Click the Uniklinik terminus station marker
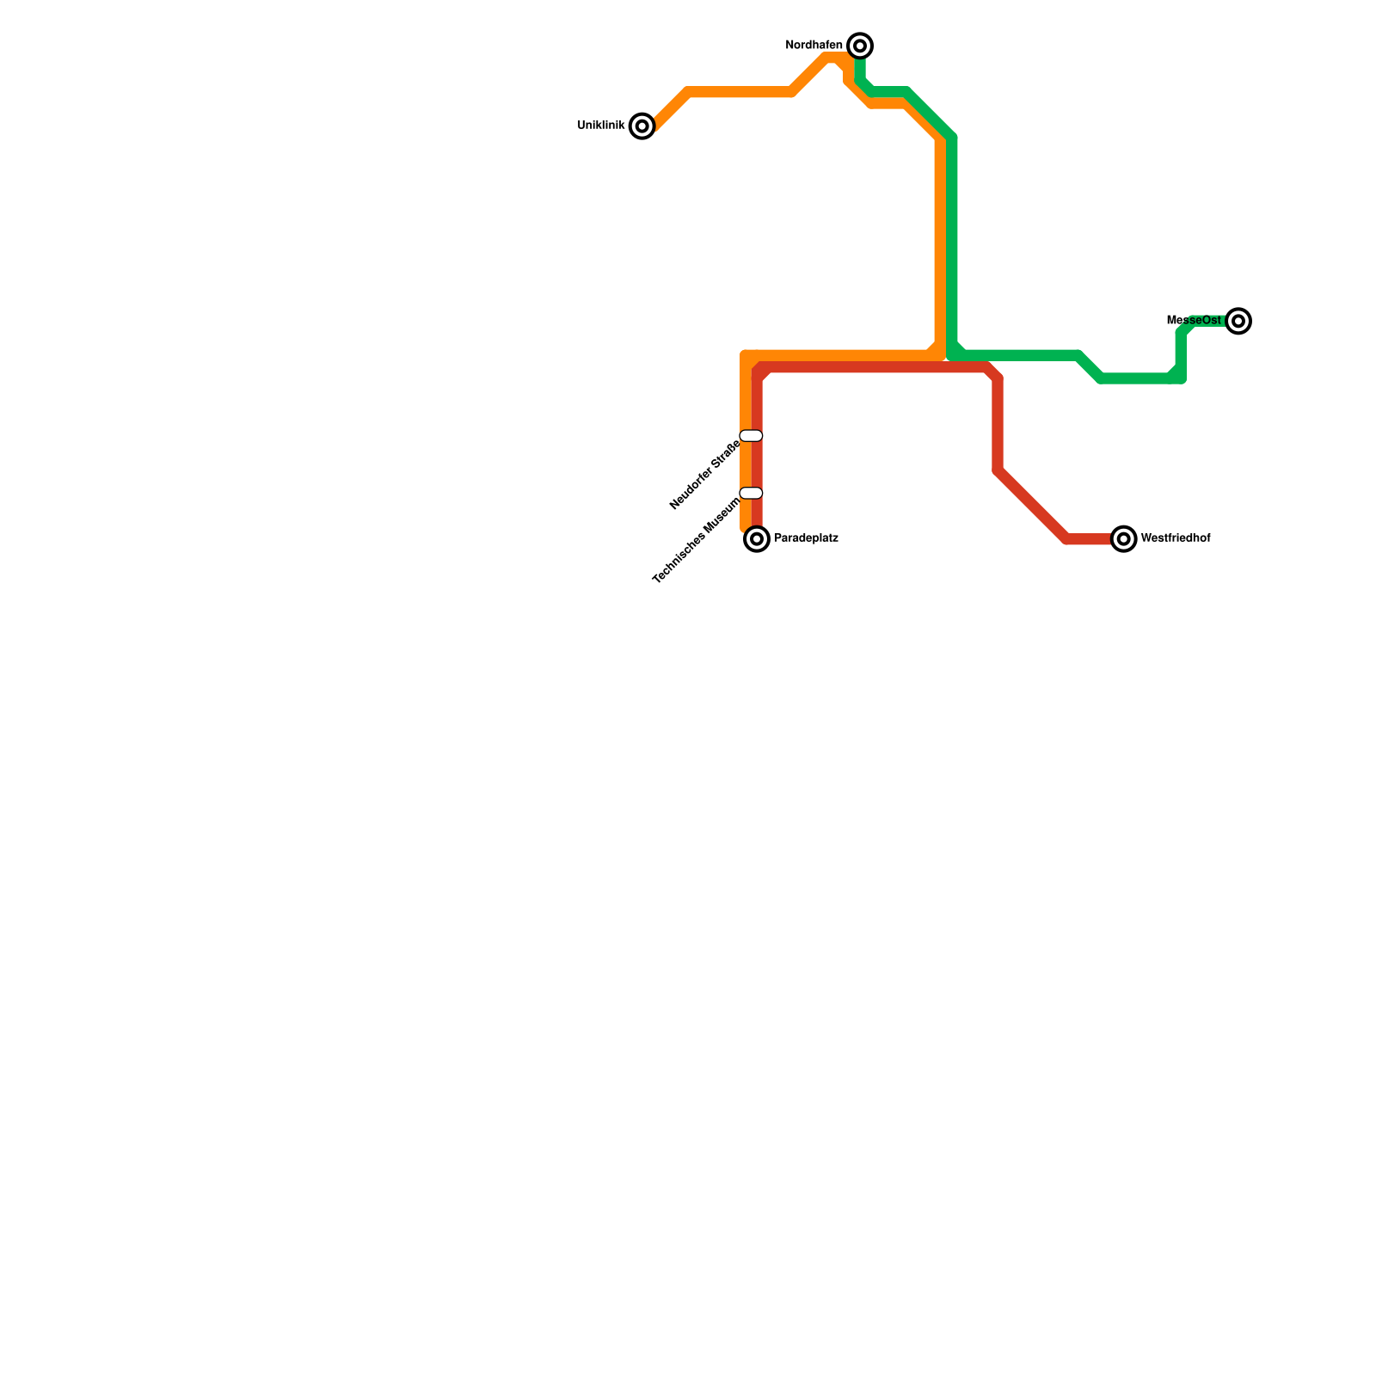click(x=642, y=126)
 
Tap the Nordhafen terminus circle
click(x=860, y=46)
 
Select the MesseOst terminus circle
click(x=1238, y=321)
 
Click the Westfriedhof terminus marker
click(x=1123, y=539)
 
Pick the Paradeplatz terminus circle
click(x=757, y=539)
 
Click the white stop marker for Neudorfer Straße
click(x=751, y=436)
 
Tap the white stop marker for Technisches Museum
click(x=751, y=493)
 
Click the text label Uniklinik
click(x=600, y=126)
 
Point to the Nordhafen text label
click(x=814, y=46)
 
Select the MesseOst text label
click(x=1194, y=321)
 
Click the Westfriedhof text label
click(x=1175, y=539)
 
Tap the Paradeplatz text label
click(x=806, y=539)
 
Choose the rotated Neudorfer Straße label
click(x=705, y=475)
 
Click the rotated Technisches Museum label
click(x=697, y=540)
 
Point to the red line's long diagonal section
click(x=1032, y=505)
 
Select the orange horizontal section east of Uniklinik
click(x=740, y=92)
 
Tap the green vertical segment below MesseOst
click(x=1182, y=353)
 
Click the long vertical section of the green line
click(x=952, y=241)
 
